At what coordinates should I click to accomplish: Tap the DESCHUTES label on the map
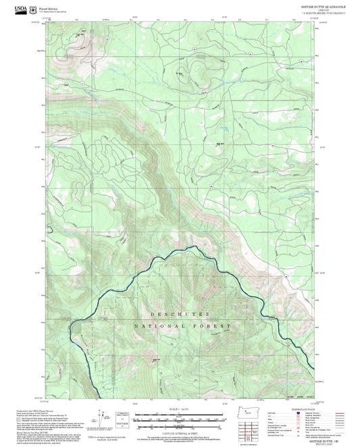pos(180,315)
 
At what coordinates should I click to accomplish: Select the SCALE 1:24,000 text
pos(180,409)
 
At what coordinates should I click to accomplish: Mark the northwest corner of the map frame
pos(43,21)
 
